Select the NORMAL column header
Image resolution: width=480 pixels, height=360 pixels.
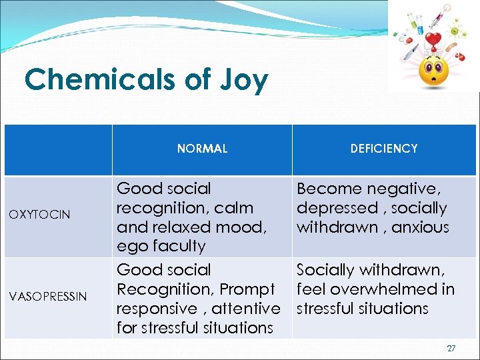[202, 149]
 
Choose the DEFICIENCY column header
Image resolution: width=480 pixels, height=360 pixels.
[384, 149]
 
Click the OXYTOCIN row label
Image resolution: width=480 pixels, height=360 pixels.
[39, 214]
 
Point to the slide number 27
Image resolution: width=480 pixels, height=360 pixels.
[451, 348]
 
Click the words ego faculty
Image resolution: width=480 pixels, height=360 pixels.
[161, 246]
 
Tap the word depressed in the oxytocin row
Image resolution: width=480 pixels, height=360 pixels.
[337, 208]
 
